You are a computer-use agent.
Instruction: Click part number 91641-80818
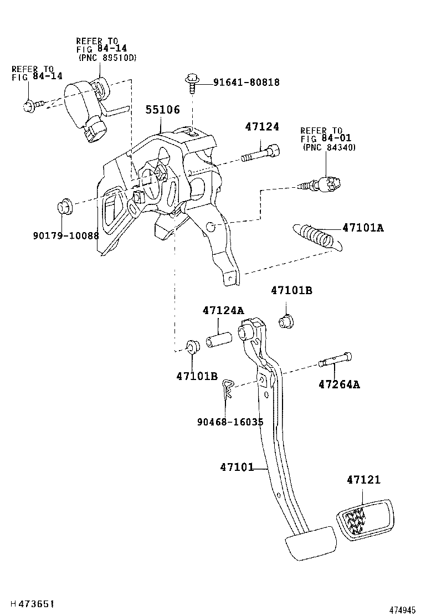coord(247,83)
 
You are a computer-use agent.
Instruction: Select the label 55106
coord(163,110)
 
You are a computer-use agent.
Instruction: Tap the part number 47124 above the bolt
coord(262,127)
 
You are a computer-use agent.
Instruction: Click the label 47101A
coord(363,227)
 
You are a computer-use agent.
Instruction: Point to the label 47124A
coord(223,310)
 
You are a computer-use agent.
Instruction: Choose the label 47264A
coord(338,384)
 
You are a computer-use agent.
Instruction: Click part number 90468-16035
coord(229,422)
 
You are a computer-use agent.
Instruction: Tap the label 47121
coord(364,480)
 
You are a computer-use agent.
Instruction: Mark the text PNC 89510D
coord(107,57)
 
